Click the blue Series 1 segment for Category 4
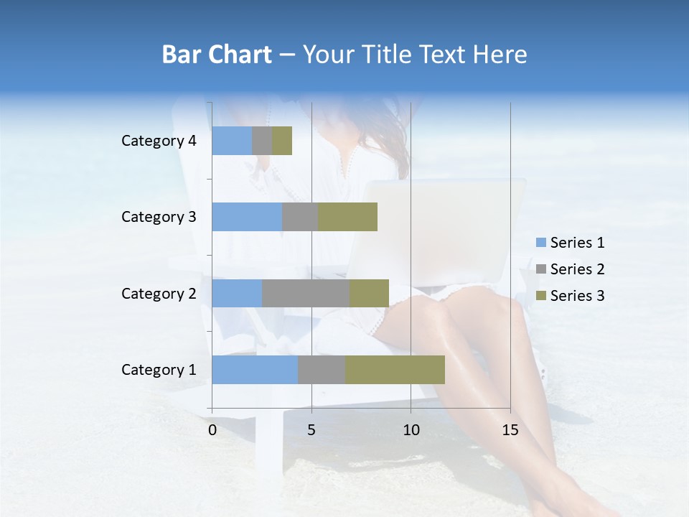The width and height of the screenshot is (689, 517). coord(232,141)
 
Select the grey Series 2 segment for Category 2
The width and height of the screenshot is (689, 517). coord(306,293)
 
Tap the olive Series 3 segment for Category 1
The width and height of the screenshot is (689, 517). coord(395,370)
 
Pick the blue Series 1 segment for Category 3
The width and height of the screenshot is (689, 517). coord(247,217)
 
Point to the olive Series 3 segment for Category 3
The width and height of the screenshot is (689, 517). coord(347,217)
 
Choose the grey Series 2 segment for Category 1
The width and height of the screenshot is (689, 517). coord(322,370)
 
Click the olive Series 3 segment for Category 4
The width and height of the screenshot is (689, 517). coord(282,141)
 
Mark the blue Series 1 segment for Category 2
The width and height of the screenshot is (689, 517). coord(237,293)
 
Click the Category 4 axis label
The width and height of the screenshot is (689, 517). coord(159,141)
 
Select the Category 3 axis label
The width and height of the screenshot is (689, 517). coord(159,217)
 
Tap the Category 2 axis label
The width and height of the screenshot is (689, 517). coord(159,293)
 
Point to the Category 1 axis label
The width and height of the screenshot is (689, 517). coord(159,370)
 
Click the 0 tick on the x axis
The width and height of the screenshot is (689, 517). coord(212,430)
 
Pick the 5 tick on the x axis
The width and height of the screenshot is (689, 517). coord(311,430)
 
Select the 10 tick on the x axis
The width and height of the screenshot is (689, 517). coord(411,430)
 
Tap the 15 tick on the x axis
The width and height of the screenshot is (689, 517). coord(510,430)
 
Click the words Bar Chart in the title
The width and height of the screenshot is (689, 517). coord(217,55)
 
